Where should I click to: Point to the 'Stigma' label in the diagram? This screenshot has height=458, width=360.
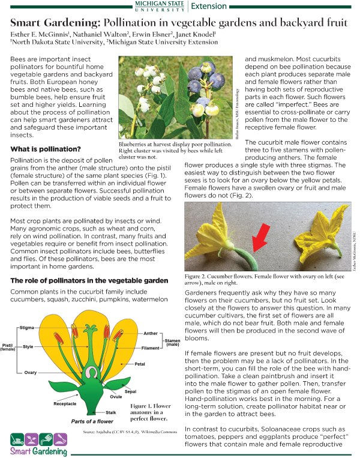[26, 328]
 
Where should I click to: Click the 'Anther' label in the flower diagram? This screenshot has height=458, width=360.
[151, 334]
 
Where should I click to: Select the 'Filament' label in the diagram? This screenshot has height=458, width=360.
[151, 348]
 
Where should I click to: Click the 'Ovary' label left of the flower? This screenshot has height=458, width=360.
[31, 372]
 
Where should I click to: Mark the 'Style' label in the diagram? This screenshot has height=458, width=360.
[28, 346]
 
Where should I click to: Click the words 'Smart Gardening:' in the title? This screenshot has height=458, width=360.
[55, 23]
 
